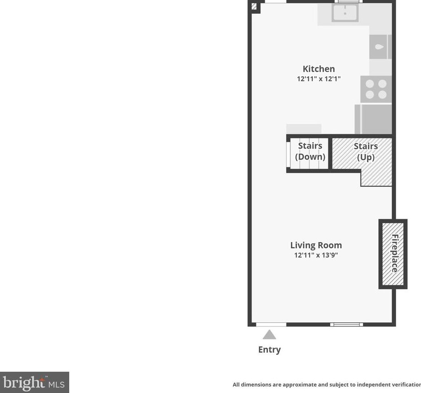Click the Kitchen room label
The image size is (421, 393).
pos(318,69)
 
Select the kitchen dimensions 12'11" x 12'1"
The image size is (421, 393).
pos(318,79)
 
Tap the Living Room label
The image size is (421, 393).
pos(316,245)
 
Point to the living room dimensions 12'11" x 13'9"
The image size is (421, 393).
pos(316,255)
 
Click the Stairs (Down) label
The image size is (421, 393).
pos(310,151)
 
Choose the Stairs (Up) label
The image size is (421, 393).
pos(366,152)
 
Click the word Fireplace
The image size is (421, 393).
pos(394,253)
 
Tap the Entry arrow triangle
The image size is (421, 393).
pos(269,335)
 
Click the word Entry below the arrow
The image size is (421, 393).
pos(269,350)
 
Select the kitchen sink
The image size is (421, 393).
pos(345,14)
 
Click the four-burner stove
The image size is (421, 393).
pos(376,89)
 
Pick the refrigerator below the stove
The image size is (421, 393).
pos(373,119)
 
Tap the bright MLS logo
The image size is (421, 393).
pos(34,382)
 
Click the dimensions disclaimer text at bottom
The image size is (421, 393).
pos(326,385)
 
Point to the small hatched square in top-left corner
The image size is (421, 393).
pos(254,6)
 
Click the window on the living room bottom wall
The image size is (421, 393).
pos(347,324)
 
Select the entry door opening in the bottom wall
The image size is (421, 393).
pos(271,324)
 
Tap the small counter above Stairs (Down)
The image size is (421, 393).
pos(304,129)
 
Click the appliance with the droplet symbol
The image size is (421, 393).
pos(380,47)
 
